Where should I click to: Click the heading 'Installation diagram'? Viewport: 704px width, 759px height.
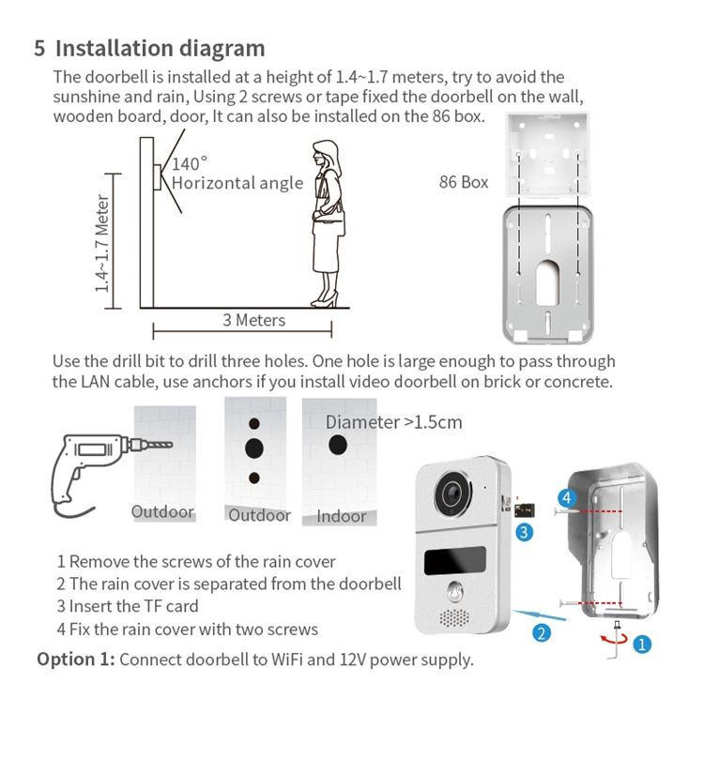click(160, 49)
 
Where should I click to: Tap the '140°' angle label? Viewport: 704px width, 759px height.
click(190, 163)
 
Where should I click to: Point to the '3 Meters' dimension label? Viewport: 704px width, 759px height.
click(253, 320)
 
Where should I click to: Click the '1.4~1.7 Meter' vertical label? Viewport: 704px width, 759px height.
click(102, 244)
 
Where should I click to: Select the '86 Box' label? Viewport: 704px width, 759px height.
click(464, 182)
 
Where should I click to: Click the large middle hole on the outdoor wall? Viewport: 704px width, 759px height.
click(254, 448)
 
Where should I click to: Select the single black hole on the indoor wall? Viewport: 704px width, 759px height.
click(338, 445)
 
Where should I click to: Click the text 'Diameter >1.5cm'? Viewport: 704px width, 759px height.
click(393, 422)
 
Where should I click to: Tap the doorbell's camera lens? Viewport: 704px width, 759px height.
click(452, 493)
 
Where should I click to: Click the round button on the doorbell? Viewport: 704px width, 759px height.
click(455, 591)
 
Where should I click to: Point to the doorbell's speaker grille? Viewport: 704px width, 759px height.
click(454, 617)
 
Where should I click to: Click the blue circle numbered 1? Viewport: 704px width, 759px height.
click(642, 645)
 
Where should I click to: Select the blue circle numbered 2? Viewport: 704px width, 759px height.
click(542, 632)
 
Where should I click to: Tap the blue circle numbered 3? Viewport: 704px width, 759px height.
click(524, 533)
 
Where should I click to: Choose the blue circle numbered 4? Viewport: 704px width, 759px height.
click(567, 497)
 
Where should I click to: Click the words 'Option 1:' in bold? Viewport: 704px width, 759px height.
click(76, 660)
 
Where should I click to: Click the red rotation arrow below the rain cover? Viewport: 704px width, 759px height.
click(613, 639)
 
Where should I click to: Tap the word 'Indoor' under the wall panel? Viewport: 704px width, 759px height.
click(342, 516)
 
